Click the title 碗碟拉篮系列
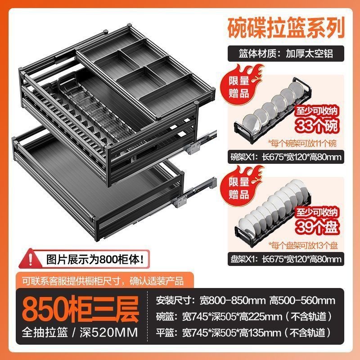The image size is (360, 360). point(286,28)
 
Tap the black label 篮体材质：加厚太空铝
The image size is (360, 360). point(286,54)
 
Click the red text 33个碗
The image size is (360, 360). point(317,126)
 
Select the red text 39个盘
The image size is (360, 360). point(317,227)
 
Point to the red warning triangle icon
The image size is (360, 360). point(30,259)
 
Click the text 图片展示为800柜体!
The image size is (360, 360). point(96,260)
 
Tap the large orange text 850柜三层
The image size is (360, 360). point(81,309)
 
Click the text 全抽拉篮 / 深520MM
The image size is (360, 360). point(80,332)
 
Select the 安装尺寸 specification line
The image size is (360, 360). point(245,300)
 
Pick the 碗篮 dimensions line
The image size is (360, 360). point(244,317)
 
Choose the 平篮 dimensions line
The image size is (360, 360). point(244,333)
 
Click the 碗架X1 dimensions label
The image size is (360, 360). point(286,157)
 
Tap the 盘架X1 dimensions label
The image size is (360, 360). point(286,259)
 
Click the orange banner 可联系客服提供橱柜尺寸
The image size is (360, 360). point(104,280)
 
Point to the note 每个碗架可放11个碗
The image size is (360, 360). point(302,144)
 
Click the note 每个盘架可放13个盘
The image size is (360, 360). point(303,245)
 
